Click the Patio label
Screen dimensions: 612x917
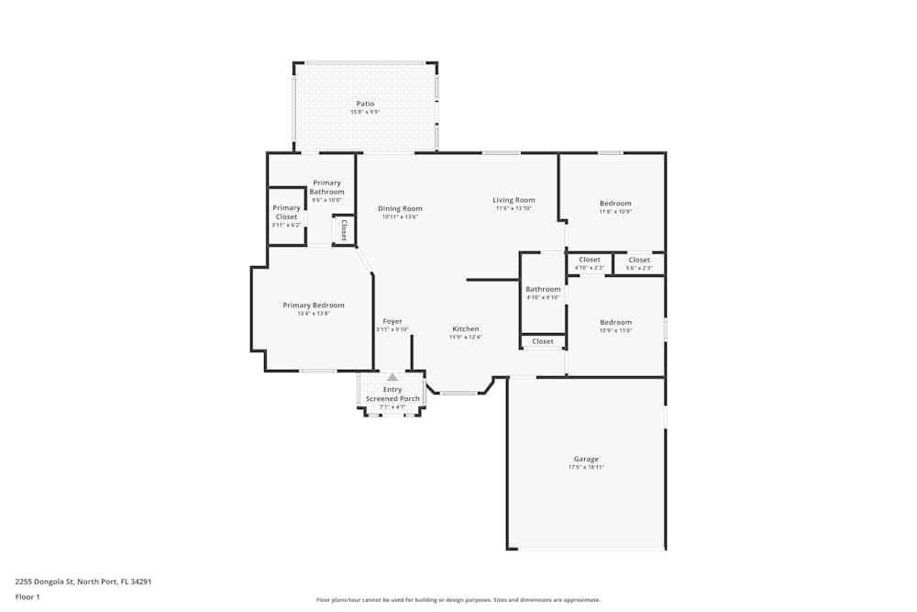click(x=365, y=104)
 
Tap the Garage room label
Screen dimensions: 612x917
click(x=586, y=459)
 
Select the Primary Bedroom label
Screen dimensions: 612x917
click(x=314, y=306)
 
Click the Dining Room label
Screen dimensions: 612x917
click(x=400, y=208)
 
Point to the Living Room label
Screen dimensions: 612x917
click(x=514, y=200)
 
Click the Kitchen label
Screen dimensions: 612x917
click(x=465, y=328)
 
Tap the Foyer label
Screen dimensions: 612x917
click(x=392, y=321)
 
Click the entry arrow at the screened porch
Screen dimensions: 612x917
click(x=392, y=376)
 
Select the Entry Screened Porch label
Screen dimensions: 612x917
click(x=392, y=395)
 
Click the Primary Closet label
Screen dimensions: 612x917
click(x=286, y=212)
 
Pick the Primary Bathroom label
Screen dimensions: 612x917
click(x=326, y=187)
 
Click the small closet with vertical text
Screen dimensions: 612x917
click(x=344, y=229)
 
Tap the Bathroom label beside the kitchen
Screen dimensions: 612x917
click(x=543, y=289)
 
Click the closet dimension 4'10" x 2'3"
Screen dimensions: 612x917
click(x=589, y=268)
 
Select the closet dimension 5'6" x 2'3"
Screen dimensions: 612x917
click(x=639, y=268)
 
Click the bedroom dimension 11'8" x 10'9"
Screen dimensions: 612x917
click(x=615, y=212)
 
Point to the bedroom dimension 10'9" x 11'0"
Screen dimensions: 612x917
click(x=615, y=330)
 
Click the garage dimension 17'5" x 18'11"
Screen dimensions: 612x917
click(x=586, y=468)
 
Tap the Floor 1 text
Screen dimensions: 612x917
click(x=28, y=596)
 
